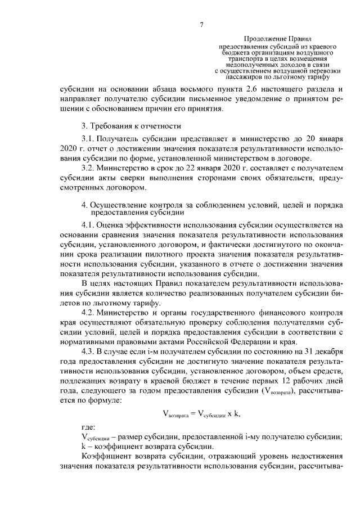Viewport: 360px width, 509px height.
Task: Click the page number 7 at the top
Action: [x=201, y=24]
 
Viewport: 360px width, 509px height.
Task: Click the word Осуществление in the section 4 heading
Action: [x=119, y=204]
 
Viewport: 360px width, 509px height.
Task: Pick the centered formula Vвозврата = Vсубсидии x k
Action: [x=201, y=414]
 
